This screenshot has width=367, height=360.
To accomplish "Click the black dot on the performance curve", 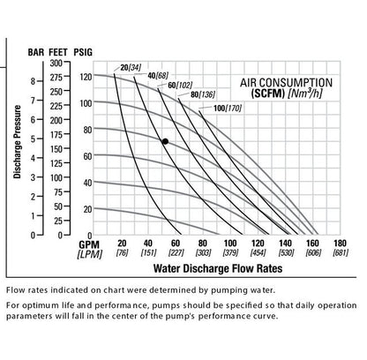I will tap(164, 141).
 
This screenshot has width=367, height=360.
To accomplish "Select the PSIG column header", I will tap(85, 52).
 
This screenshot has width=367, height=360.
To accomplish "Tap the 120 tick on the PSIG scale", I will tap(86, 77).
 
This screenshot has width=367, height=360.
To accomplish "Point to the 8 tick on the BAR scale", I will tap(34, 80).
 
